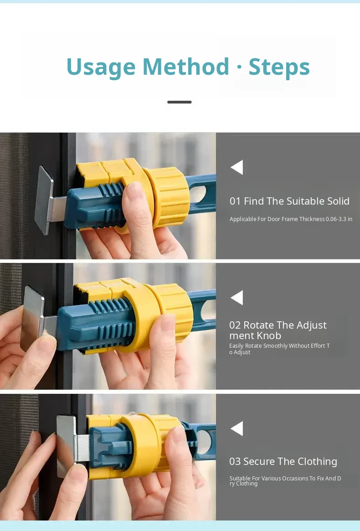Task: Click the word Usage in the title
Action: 101,67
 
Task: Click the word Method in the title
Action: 186,67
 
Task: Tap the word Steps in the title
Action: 279,67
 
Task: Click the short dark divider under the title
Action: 180,102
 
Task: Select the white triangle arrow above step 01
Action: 237,167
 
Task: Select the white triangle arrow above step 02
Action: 237,298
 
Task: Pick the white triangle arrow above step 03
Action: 237,428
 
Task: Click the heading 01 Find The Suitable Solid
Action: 289,201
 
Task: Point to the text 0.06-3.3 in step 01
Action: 336,219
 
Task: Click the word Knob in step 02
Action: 268,335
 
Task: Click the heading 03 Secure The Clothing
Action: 283,462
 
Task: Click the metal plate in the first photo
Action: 45,200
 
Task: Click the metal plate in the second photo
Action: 32,318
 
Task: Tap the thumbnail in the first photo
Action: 135,191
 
